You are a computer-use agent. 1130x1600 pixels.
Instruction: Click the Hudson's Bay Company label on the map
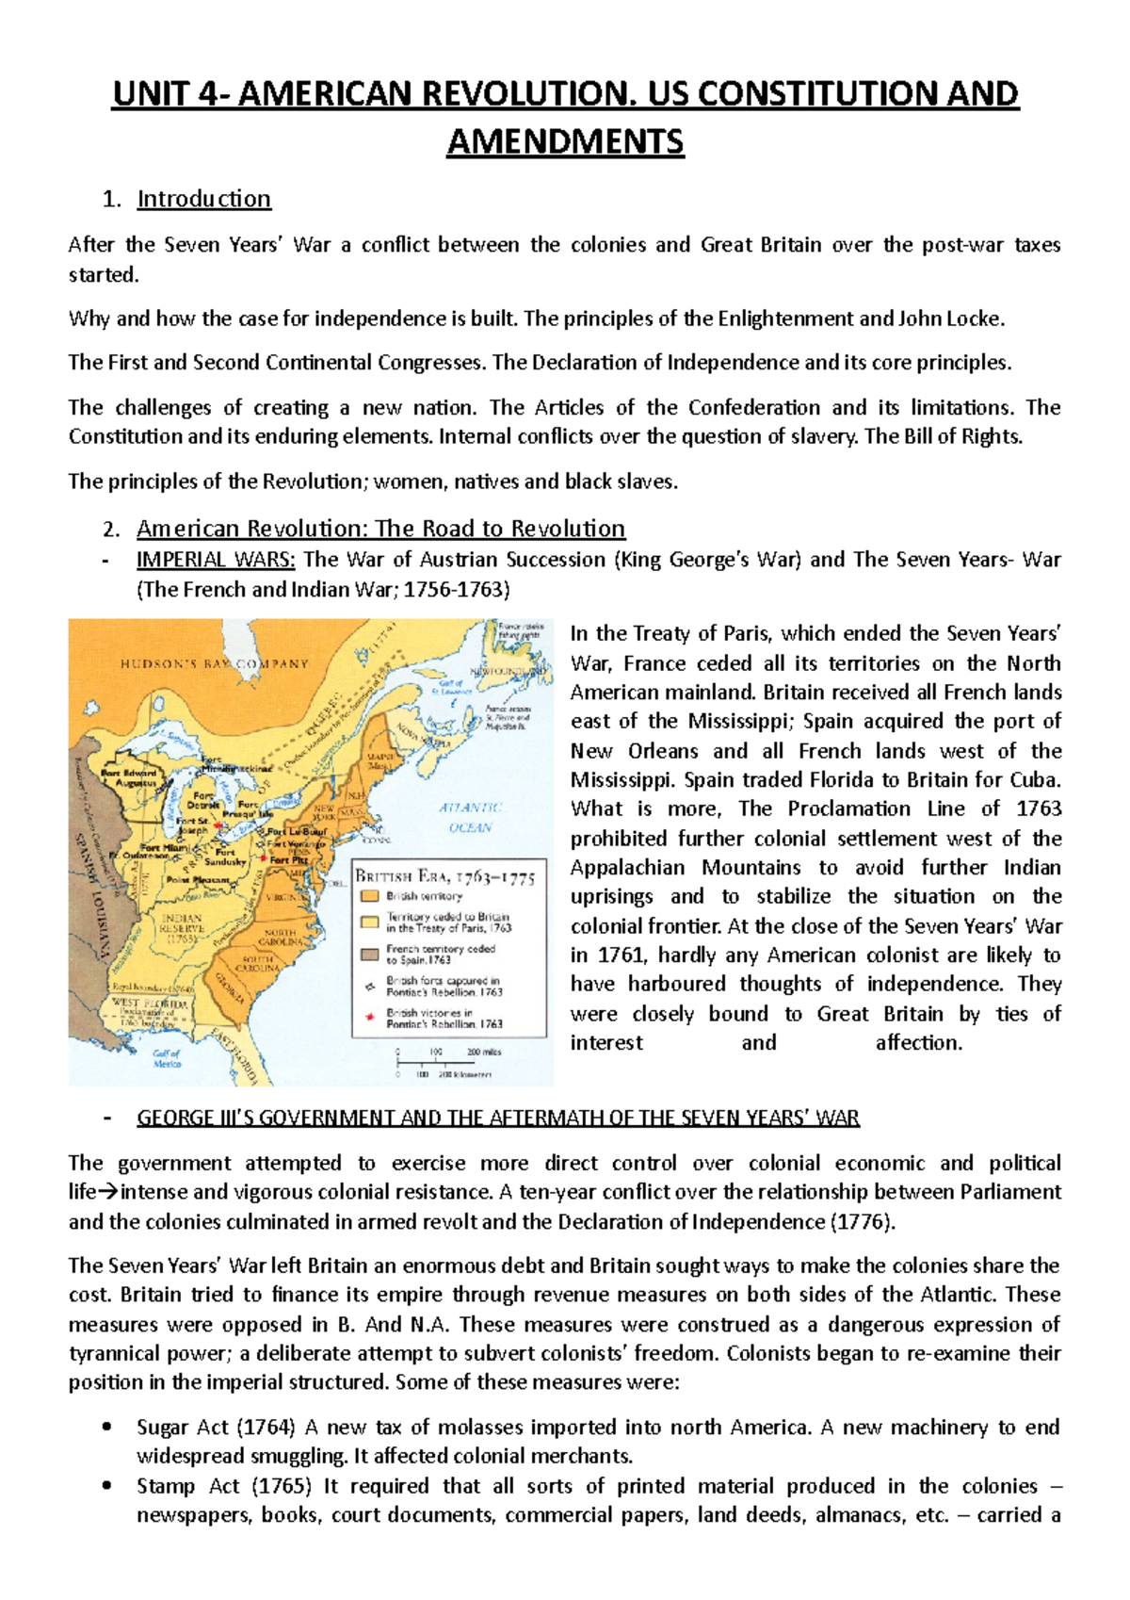tap(215, 663)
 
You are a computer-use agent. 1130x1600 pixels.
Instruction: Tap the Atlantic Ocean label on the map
tap(470, 817)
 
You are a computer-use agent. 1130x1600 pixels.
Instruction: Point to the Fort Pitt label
tap(289, 859)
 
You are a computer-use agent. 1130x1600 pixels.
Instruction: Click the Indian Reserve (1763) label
tap(181, 928)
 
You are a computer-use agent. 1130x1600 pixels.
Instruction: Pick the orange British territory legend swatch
tap(370, 896)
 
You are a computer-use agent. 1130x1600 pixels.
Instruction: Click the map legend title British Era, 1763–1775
tap(444, 876)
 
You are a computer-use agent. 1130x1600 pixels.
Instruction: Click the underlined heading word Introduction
tap(203, 199)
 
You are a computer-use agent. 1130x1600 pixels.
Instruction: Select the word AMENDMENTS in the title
tap(565, 141)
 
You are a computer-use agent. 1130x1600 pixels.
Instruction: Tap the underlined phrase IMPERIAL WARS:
tap(216, 560)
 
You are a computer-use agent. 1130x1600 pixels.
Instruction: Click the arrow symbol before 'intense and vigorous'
tap(108, 1192)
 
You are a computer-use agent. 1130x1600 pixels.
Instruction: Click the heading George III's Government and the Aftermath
tap(498, 1118)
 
